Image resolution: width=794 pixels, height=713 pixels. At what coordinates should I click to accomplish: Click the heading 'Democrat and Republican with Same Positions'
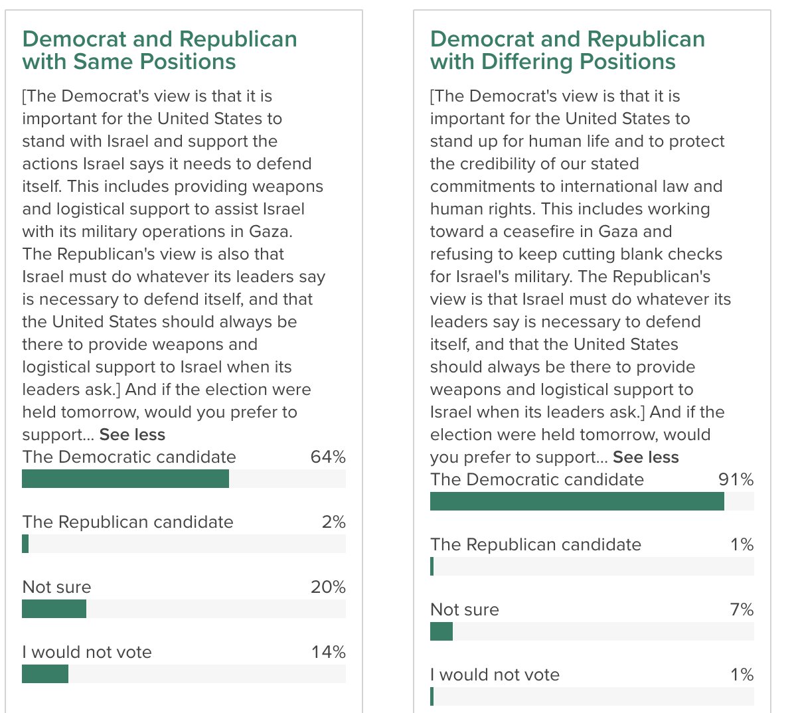[x=159, y=50]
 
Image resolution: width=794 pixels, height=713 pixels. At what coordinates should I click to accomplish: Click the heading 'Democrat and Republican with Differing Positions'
[x=567, y=50]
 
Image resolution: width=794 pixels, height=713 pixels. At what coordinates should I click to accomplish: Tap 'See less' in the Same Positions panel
[x=132, y=435]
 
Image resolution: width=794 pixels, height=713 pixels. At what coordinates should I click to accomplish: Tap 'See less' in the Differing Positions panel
[x=645, y=457]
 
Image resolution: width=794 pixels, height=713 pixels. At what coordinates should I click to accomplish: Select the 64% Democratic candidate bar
[x=125, y=479]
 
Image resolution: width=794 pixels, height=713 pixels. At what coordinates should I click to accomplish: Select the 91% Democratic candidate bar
[x=576, y=501]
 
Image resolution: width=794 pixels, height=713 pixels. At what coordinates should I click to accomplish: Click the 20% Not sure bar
[x=54, y=609]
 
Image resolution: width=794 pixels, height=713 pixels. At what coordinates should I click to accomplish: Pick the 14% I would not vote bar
[x=45, y=674]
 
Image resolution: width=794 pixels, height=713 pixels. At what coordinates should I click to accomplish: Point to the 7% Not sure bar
[x=441, y=631]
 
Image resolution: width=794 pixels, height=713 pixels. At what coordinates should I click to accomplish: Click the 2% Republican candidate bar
[x=25, y=544]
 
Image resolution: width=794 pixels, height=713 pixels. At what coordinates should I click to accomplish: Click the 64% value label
[x=328, y=457]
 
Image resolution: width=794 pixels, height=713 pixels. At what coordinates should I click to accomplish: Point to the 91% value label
[x=736, y=480]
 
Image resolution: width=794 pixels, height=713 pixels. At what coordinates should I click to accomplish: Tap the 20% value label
[x=328, y=588]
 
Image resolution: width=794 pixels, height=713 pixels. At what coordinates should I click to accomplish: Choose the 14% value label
[x=328, y=653]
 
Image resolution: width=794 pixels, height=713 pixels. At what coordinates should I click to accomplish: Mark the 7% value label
[x=742, y=610]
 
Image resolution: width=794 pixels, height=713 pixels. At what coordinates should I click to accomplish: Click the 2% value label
[x=333, y=522]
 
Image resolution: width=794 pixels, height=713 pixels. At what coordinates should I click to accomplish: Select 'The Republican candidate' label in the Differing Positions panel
[x=535, y=545]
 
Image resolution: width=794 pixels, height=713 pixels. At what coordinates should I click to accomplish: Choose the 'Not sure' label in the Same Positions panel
[x=56, y=588]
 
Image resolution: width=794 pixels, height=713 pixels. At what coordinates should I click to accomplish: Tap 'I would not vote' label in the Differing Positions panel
[x=495, y=675]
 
